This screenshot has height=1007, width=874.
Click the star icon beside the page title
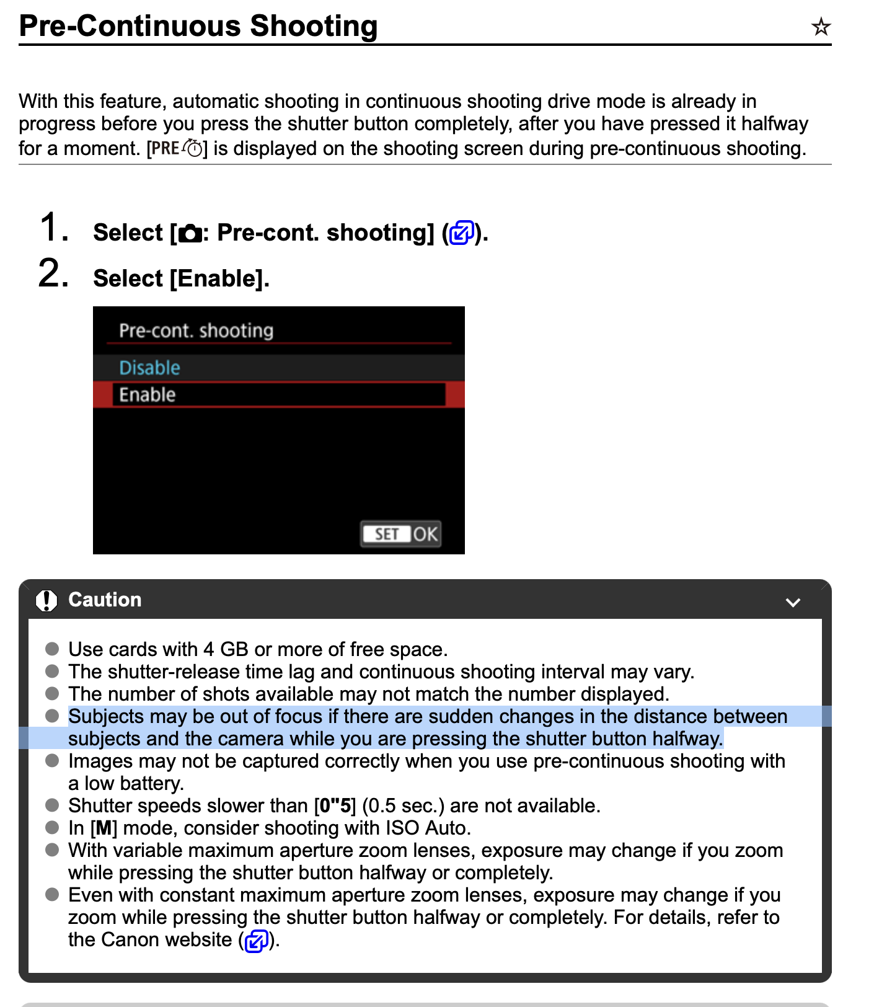tap(821, 27)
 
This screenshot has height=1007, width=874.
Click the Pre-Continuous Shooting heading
tap(198, 26)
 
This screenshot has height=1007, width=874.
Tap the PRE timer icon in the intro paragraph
tap(177, 148)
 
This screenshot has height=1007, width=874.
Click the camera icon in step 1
tap(190, 234)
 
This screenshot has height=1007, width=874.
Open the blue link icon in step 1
tap(461, 233)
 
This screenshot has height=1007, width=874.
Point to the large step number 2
tap(53, 274)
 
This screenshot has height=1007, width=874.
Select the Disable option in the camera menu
tap(149, 368)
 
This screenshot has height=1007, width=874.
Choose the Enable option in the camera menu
tap(148, 395)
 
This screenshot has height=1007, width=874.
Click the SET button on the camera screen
tap(387, 534)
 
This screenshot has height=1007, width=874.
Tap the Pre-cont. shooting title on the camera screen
tap(196, 330)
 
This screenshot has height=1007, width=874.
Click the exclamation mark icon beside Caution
tap(46, 600)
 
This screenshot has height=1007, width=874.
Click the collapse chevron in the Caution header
tap(793, 602)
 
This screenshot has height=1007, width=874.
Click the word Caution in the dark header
tap(105, 600)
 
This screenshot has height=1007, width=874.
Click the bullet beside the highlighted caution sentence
tap(52, 716)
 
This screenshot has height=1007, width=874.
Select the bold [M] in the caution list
tap(104, 828)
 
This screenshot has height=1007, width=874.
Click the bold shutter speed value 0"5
tap(335, 805)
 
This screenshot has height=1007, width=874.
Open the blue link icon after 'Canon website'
tap(257, 941)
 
